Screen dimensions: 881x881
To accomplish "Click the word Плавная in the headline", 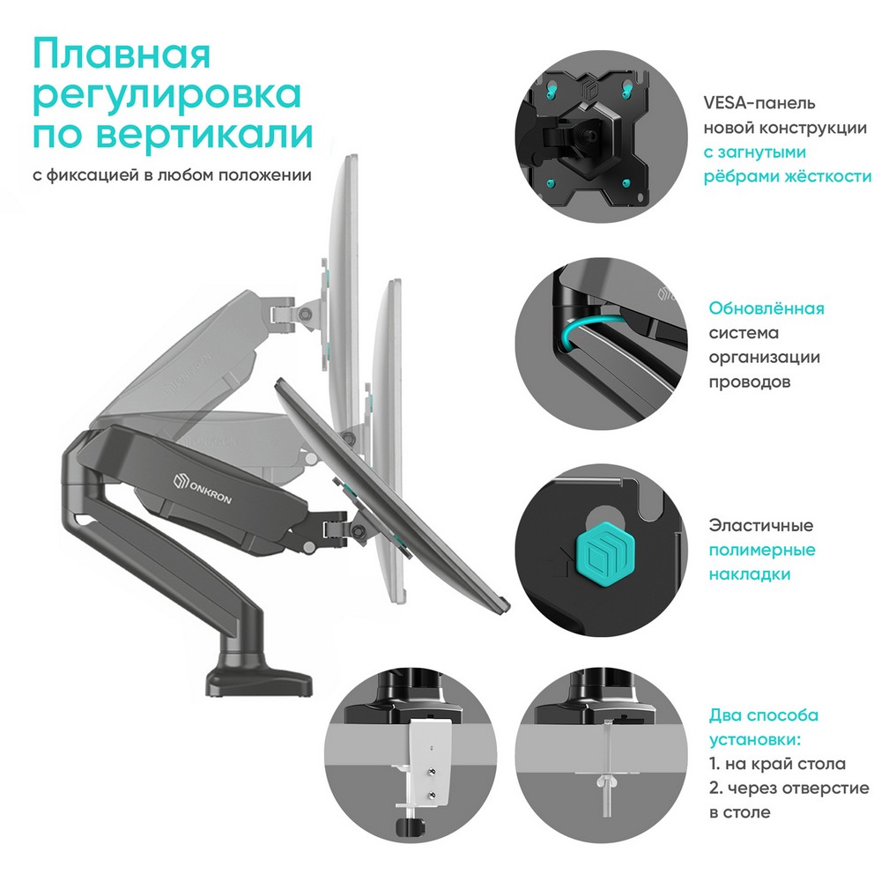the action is tap(122, 54).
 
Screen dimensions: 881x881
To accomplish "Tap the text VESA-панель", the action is tap(759, 103).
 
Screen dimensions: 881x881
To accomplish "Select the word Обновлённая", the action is tap(766, 308).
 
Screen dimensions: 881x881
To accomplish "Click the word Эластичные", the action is tap(761, 525).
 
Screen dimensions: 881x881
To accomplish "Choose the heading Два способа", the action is tap(764, 715).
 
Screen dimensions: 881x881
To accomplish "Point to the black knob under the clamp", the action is tap(409, 826).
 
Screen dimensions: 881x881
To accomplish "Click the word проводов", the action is tap(750, 382).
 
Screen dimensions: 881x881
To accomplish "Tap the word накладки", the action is tap(750, 574).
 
